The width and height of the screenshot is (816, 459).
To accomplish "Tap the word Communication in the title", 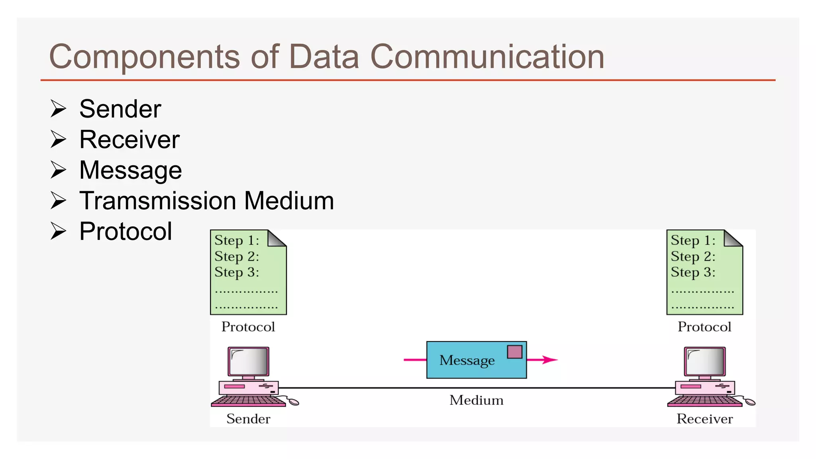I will pyautogui.click(x=487, y=57).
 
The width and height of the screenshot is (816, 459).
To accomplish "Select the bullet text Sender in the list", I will pyautogui.click(x=120, y=109).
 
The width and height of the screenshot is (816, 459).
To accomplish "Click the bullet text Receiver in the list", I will pyautogui.click(x=129, y=139).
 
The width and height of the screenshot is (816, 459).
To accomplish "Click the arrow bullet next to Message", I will pyautogui.click(x=58, y=170).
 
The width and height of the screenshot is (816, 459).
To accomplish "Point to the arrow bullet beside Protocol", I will pyautogui.click(x=58, y=231).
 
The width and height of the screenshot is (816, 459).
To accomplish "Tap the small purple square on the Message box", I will pyautogui.click(x=514, y=352).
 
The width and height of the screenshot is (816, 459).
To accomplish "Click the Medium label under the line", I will pyautogui.click(x=476, y=400).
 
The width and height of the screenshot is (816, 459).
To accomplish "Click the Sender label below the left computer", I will pyautogui.click(x=248, y=419).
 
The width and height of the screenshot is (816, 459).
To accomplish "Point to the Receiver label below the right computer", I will pyautogui.click(x=704, y=419).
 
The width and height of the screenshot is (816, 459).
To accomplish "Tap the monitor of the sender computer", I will pyautogui.click(x=249, y=361).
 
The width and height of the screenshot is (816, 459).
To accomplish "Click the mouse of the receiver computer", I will pyautogui.click(x=750, y=402).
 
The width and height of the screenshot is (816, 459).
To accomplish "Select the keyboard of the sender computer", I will pyautogui.click(x=248, y=400).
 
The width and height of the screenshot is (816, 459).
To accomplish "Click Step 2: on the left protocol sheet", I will pyautogui.click(x=236, y=256).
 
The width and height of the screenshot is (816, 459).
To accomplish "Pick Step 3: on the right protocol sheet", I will pyautogui.click(x=693, y=272).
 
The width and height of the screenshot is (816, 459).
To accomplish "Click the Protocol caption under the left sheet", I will pyautogui.click(x=248, y=327).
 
